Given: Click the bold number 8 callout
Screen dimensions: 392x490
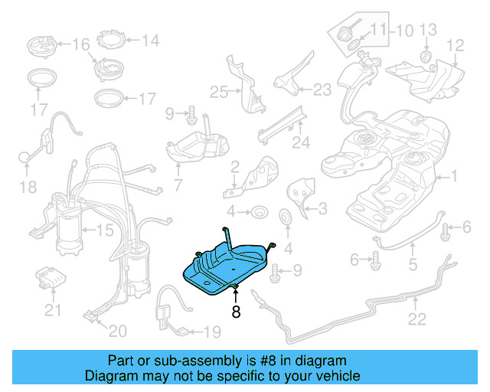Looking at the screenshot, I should (x=236, y=311).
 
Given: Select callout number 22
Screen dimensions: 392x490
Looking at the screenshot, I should (x=416, y=319).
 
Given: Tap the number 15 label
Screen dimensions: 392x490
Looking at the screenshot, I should (x=104, y=230).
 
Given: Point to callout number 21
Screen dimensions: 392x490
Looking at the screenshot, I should (x=52, y=310).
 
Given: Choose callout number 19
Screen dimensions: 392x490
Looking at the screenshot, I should (x=211, y=332).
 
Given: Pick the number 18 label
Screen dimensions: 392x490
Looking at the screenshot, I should (x=28, y=187).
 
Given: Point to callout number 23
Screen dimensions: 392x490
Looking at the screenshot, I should (x=322, y=90).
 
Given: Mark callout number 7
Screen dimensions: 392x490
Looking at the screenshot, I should (x=178, y=185).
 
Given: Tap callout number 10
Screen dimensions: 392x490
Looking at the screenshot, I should (x=403, y=31).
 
